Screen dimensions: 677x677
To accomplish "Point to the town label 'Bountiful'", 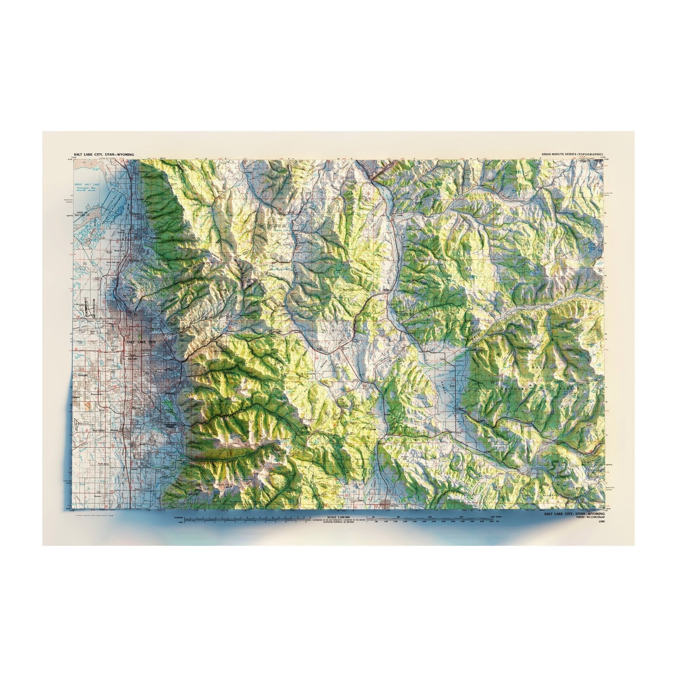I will coord(155,238).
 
